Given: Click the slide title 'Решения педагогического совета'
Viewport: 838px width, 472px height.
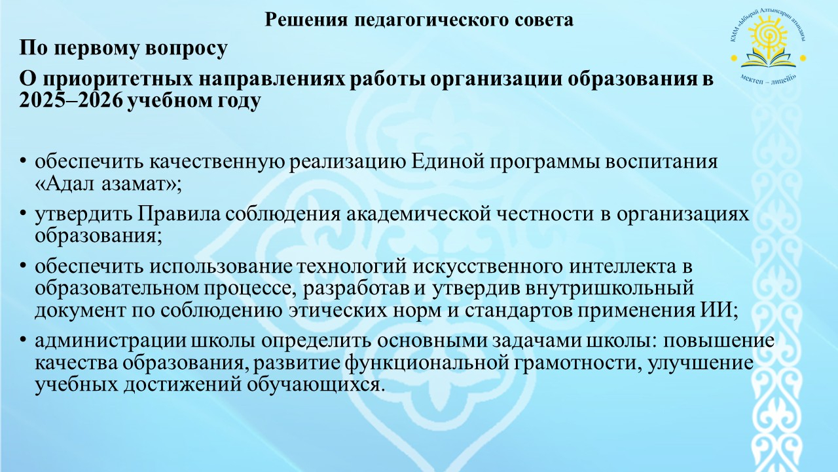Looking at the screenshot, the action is point(418,20).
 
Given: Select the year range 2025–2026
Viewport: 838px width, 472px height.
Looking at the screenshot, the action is point(71,101).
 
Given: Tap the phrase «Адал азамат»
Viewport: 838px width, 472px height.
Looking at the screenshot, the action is point(105,184).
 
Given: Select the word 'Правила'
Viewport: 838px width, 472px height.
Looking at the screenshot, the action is point(179,214).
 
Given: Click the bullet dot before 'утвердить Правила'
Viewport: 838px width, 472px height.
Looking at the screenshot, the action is point(23,214).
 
